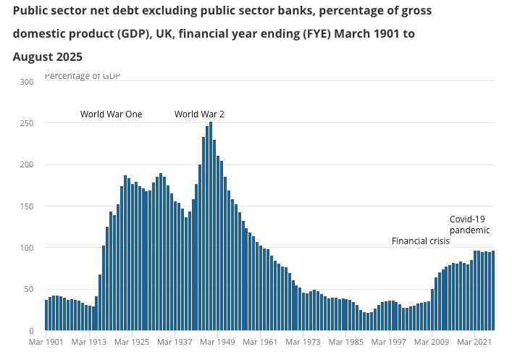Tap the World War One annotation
click(x=111, y=114)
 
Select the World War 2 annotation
click(x=199, y=114)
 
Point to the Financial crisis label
click(x=421, y=241)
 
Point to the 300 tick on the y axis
click(x=27, y=82)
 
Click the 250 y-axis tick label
click(x=27, y=123)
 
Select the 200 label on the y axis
click(x=27, y=164)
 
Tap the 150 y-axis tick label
click(x=27, y=206)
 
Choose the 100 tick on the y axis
click(x=27, y=248)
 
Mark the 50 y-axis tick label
click(x=29, y=289)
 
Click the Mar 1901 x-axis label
click(x=46, y=341)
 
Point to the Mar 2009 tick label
click(x=433, y=341)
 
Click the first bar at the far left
click(x=46, y=315)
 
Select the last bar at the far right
click(x=493, y=290)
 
